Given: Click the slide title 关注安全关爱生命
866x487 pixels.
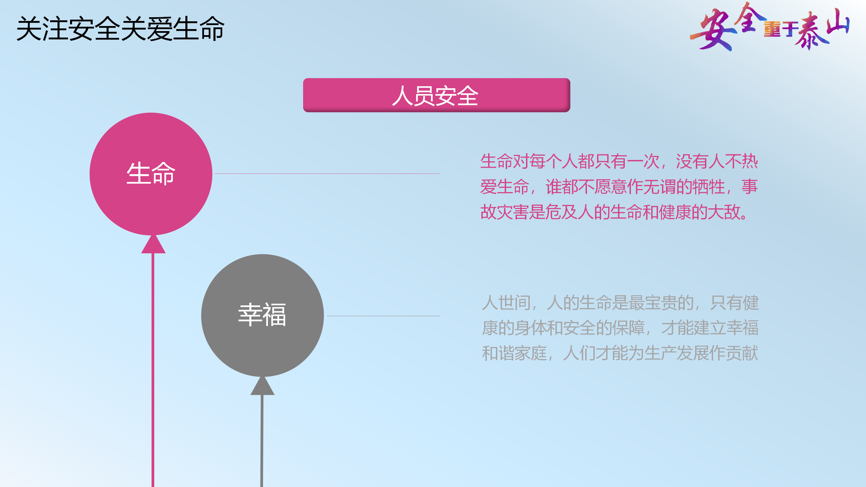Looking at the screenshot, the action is [x=120, y=29].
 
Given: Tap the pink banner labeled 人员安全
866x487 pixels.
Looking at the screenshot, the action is [x=436, y=95].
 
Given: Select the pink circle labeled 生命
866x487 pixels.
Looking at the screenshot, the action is [x=151, y=174].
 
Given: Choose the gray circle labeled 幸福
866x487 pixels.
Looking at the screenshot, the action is [x=263, y=315].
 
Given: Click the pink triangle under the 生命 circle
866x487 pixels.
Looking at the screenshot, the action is [x=153, y=244].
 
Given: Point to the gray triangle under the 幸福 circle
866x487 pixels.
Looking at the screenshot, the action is [x=263, y=386].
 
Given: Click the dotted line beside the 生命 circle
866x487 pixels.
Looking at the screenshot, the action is [x=327, y=173].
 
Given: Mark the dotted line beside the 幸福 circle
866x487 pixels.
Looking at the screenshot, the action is [x=383, y=316].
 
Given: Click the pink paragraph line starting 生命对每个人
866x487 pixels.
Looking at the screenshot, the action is [x=619, y=161].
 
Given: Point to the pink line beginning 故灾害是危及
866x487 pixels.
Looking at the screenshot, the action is [x=614, y=212].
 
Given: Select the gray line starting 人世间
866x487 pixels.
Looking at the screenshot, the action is [x=620, y=303].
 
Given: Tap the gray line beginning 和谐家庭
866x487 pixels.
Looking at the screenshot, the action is [x=620, y=353].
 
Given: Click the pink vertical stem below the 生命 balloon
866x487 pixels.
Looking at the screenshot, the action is [x=153, y=370].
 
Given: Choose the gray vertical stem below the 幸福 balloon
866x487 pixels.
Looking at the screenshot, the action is [x=262, y=441].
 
